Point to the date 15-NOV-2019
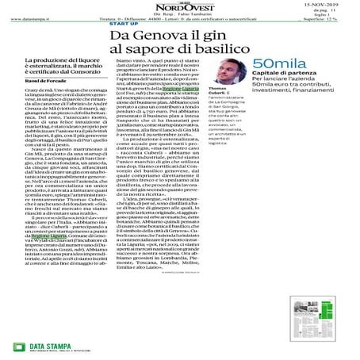pyautogui.click(x=331, y=5)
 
